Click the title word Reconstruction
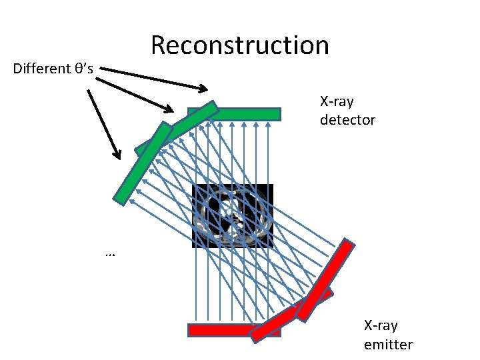[x=240, y=45]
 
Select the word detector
[x=347, y=120]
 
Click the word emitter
[x=388, y=345]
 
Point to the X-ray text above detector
[x=337, y=102]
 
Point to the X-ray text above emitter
[x=381, y=326]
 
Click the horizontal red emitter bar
[x=220, y=329]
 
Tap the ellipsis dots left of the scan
[x=110, y=254]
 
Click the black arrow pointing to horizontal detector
[x=153, y=79]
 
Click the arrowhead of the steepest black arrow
[x=117, y=155]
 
